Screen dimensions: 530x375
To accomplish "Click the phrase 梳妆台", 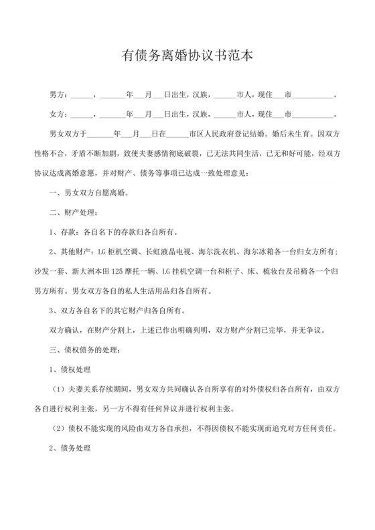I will (277, 272).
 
